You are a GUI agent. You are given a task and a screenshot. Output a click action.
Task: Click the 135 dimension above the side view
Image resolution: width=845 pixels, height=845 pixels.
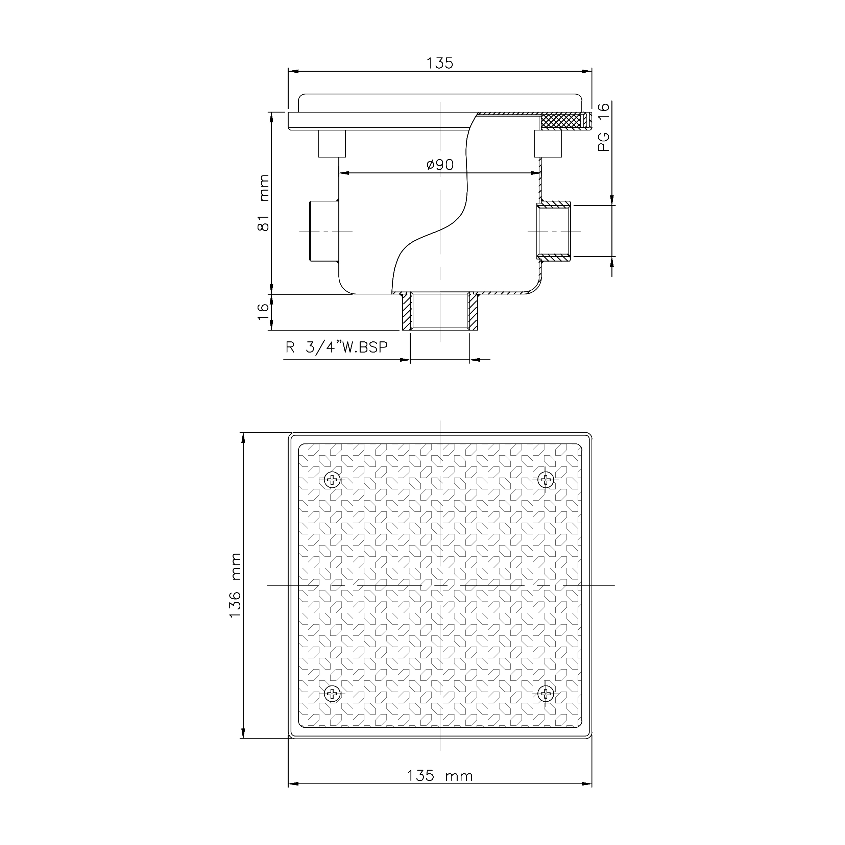click(x=440, y=64)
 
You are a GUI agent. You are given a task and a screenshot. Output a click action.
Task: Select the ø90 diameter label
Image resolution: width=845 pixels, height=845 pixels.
click(x=440, y=165)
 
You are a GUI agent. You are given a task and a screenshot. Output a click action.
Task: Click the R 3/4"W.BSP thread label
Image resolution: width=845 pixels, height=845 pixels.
click(x=336, y=347)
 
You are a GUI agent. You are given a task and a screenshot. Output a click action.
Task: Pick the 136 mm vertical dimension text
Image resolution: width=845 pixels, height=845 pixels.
click(x=235, y=585)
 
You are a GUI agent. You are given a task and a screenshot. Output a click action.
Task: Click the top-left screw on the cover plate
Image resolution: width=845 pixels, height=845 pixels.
click(x=333, y=480)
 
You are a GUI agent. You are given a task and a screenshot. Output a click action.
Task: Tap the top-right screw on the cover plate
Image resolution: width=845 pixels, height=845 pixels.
click(x=546, y=480)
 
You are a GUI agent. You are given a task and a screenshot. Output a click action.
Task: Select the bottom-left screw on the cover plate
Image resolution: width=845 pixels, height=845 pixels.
click(x=333, y=693)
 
